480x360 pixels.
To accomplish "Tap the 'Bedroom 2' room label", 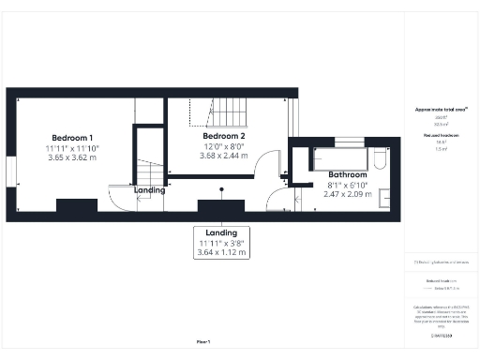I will click(x=223, y=136).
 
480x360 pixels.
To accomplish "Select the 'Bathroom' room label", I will click(x=348, y=174).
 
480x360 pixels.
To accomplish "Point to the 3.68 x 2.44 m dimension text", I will click(x=223, y=157).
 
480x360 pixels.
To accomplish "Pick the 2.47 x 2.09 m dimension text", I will click(x=348, y=195).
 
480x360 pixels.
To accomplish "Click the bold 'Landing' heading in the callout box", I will click(x=221, y=232).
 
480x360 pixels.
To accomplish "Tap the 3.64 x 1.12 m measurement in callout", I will click(x=221, y=253).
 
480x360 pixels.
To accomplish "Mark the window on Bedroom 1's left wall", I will click(x=10, y=174).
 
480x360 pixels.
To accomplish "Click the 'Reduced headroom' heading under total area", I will click(x=441, y=137).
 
